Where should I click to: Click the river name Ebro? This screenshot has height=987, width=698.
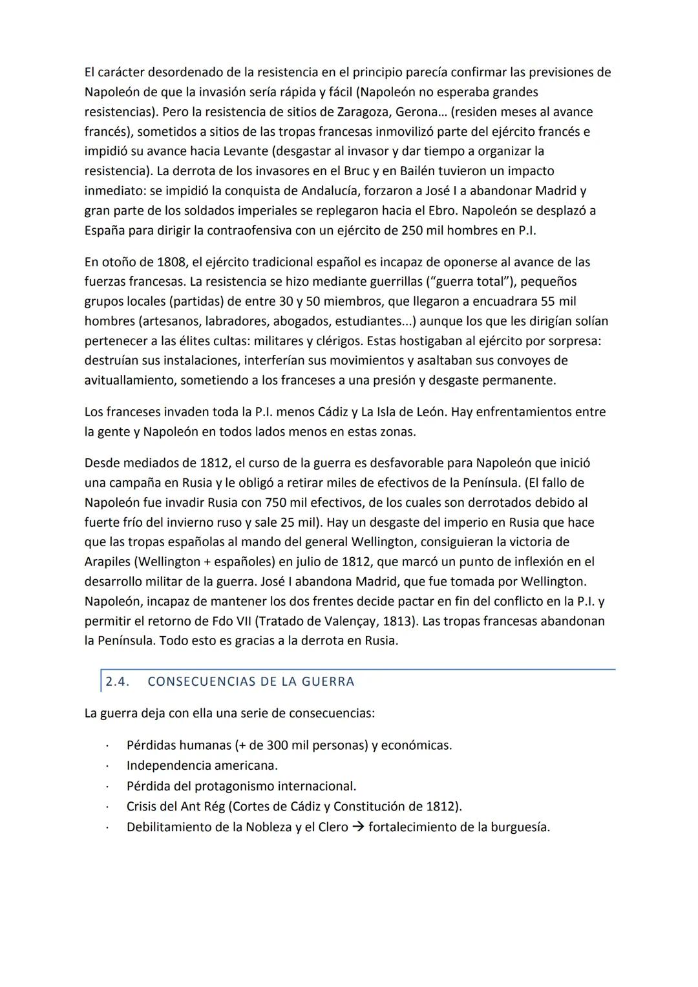439,211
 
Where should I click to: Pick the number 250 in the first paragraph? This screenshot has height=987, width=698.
412,230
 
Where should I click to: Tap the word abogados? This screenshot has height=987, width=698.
301,321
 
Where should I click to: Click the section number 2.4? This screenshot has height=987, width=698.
117,681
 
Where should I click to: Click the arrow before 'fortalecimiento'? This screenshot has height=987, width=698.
358,827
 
